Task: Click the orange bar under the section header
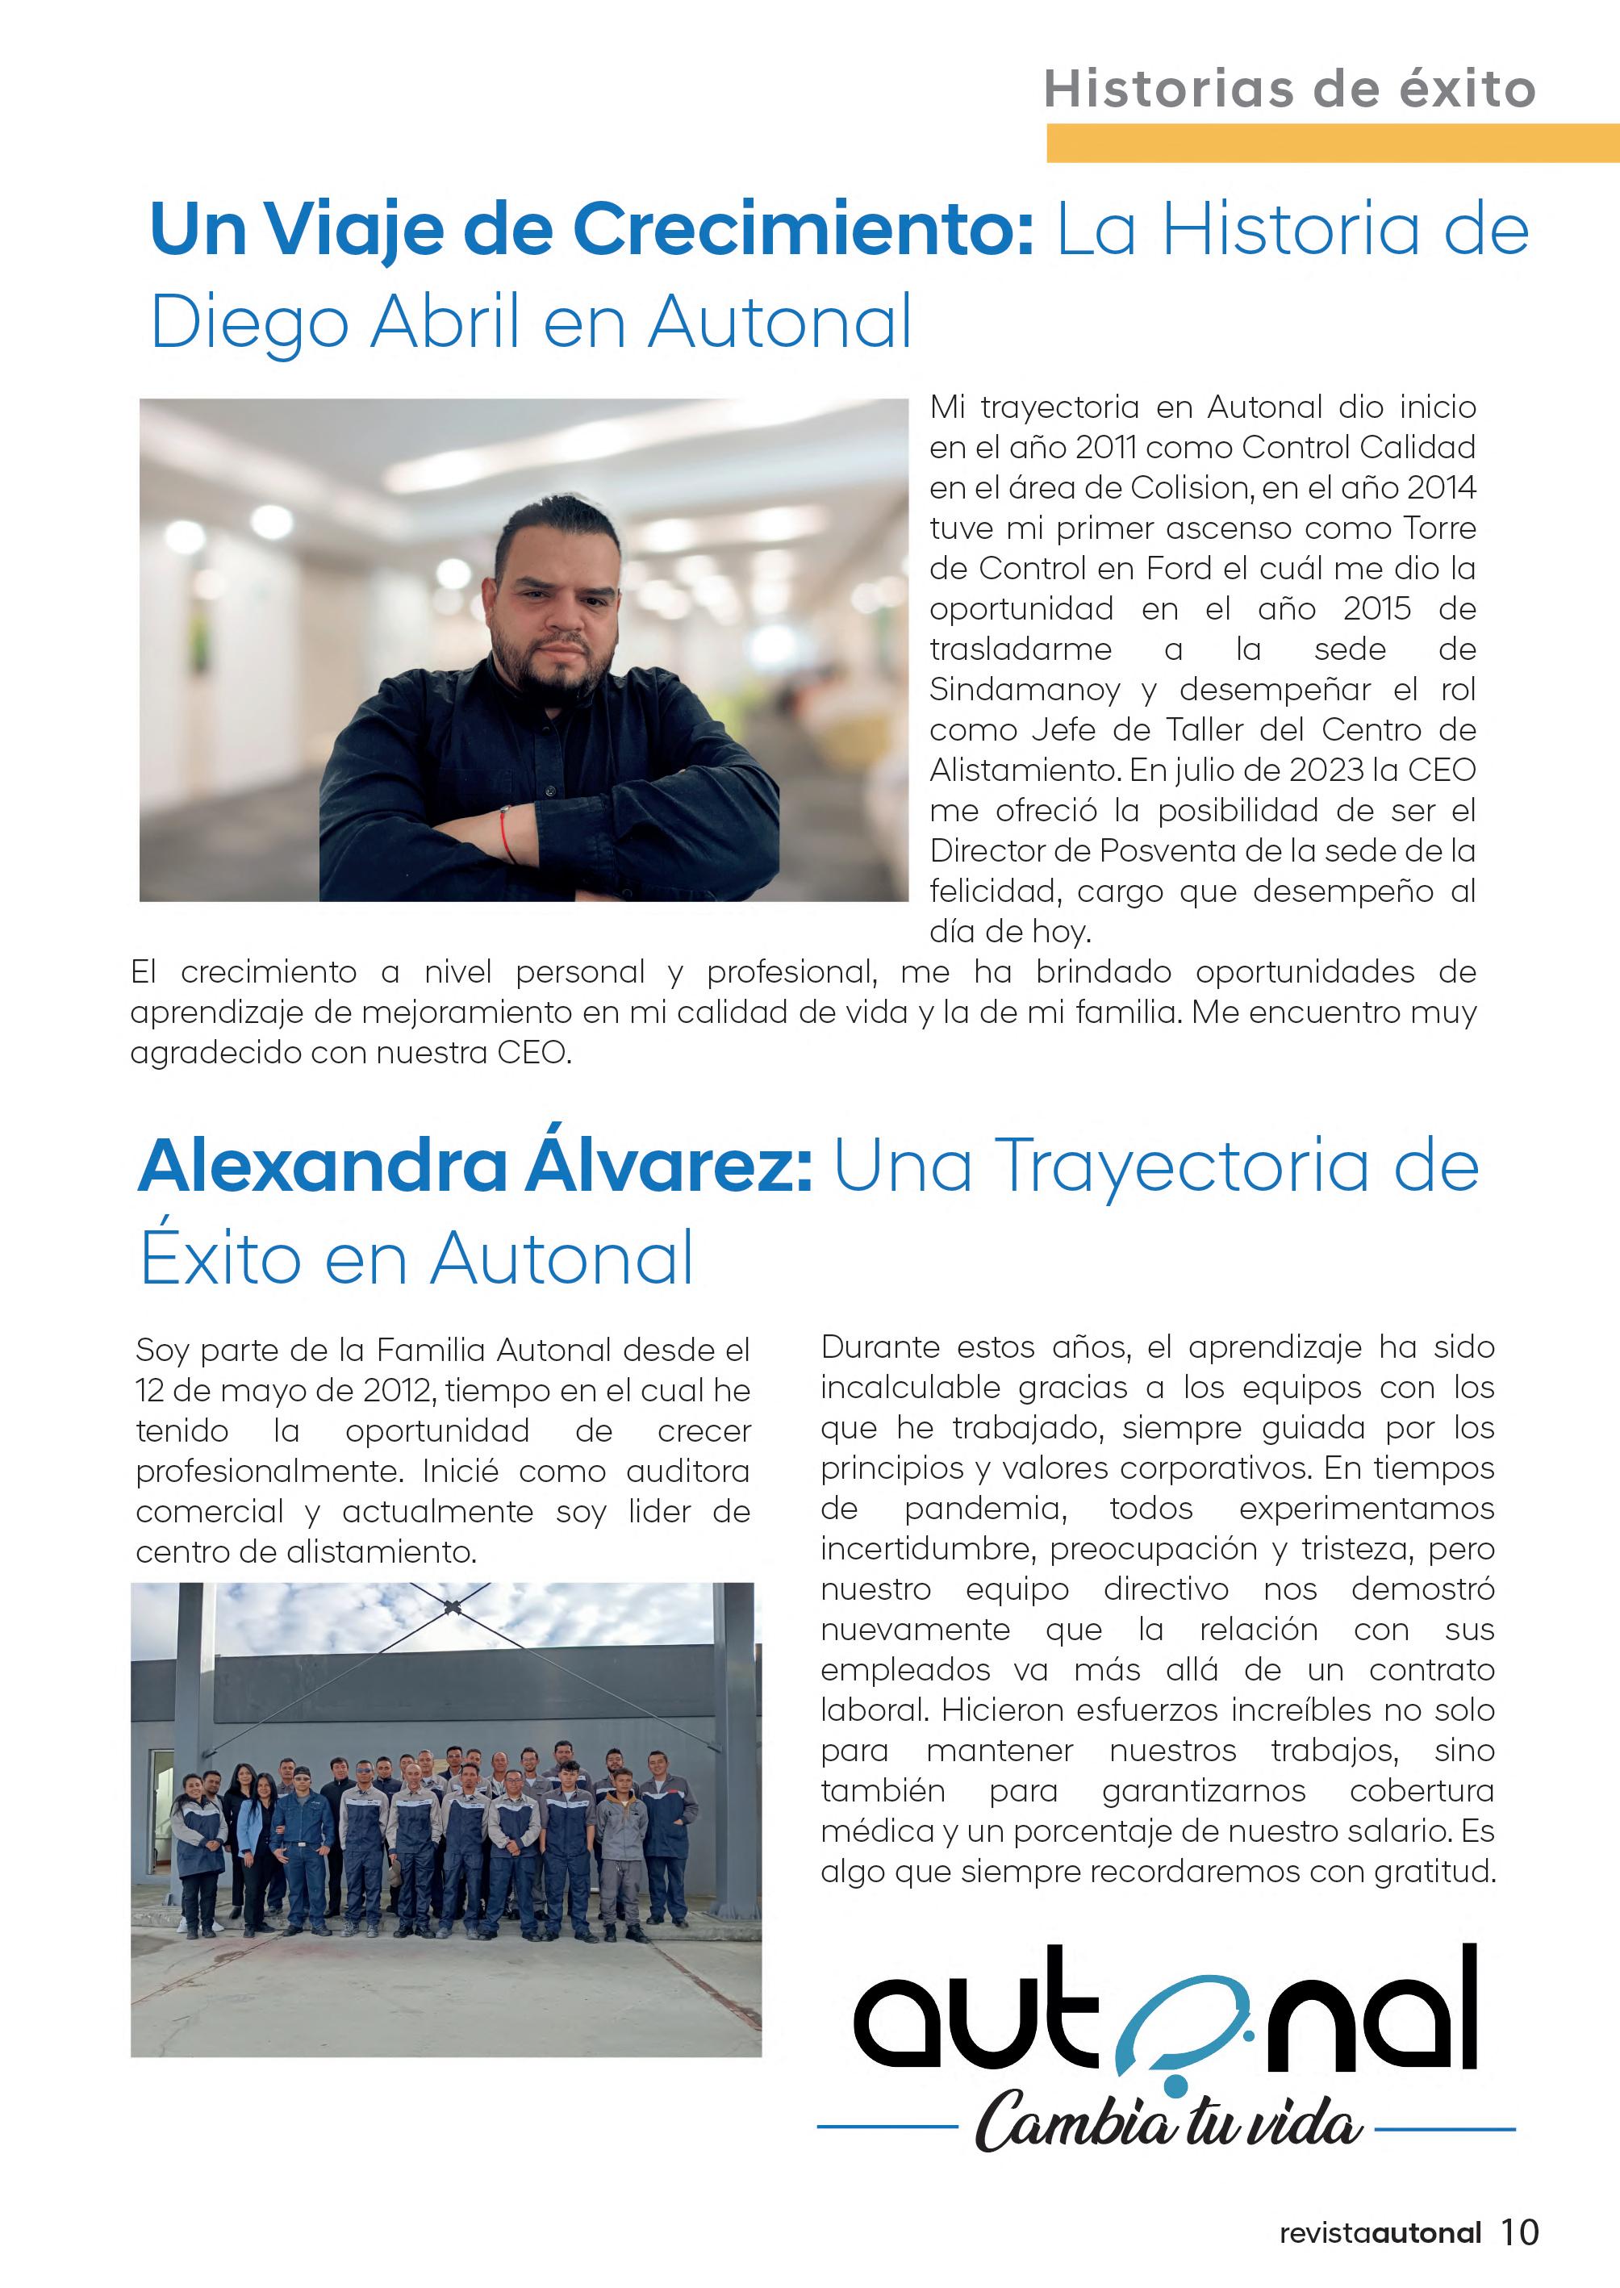click(1332, 143)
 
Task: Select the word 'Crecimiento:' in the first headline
click(803, 229)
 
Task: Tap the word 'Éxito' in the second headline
click(220, 1259)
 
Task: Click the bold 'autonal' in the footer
click(1426, 2232)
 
